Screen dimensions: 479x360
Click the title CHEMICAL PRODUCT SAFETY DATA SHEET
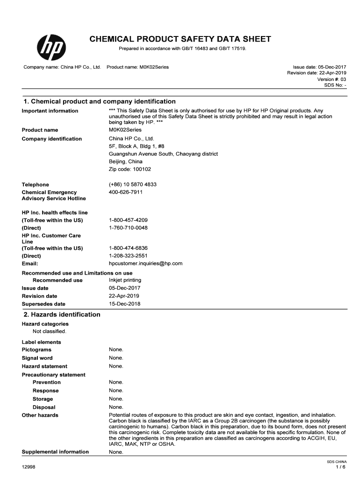tap(180, 39)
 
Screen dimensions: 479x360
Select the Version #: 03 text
tap(331, 80)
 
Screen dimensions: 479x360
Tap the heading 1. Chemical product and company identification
tap(100, 102)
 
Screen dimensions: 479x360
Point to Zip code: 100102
tap(130, 169)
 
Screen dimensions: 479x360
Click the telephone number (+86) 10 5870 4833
tap(133, 185)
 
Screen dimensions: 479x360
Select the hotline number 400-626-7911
tap(126, 192)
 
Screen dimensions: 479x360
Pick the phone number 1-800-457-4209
tap(128, 220)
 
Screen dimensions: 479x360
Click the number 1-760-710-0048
tap(128, 228)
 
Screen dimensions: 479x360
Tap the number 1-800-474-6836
tap(128, 248)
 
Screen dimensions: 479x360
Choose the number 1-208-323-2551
tap(128, 256)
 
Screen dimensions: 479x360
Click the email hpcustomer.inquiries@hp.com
tap(145, 263)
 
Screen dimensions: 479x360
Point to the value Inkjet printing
tap(125, 280)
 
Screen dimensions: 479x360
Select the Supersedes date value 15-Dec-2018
tap(124, 304)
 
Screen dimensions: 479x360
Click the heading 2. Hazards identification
tap(62, 315)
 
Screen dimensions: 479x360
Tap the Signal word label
tap(37, 358)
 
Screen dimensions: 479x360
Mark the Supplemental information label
tap(55, 452)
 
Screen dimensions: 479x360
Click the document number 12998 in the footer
tap(29, 467)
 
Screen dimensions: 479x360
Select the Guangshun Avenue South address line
tap(163, 154)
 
